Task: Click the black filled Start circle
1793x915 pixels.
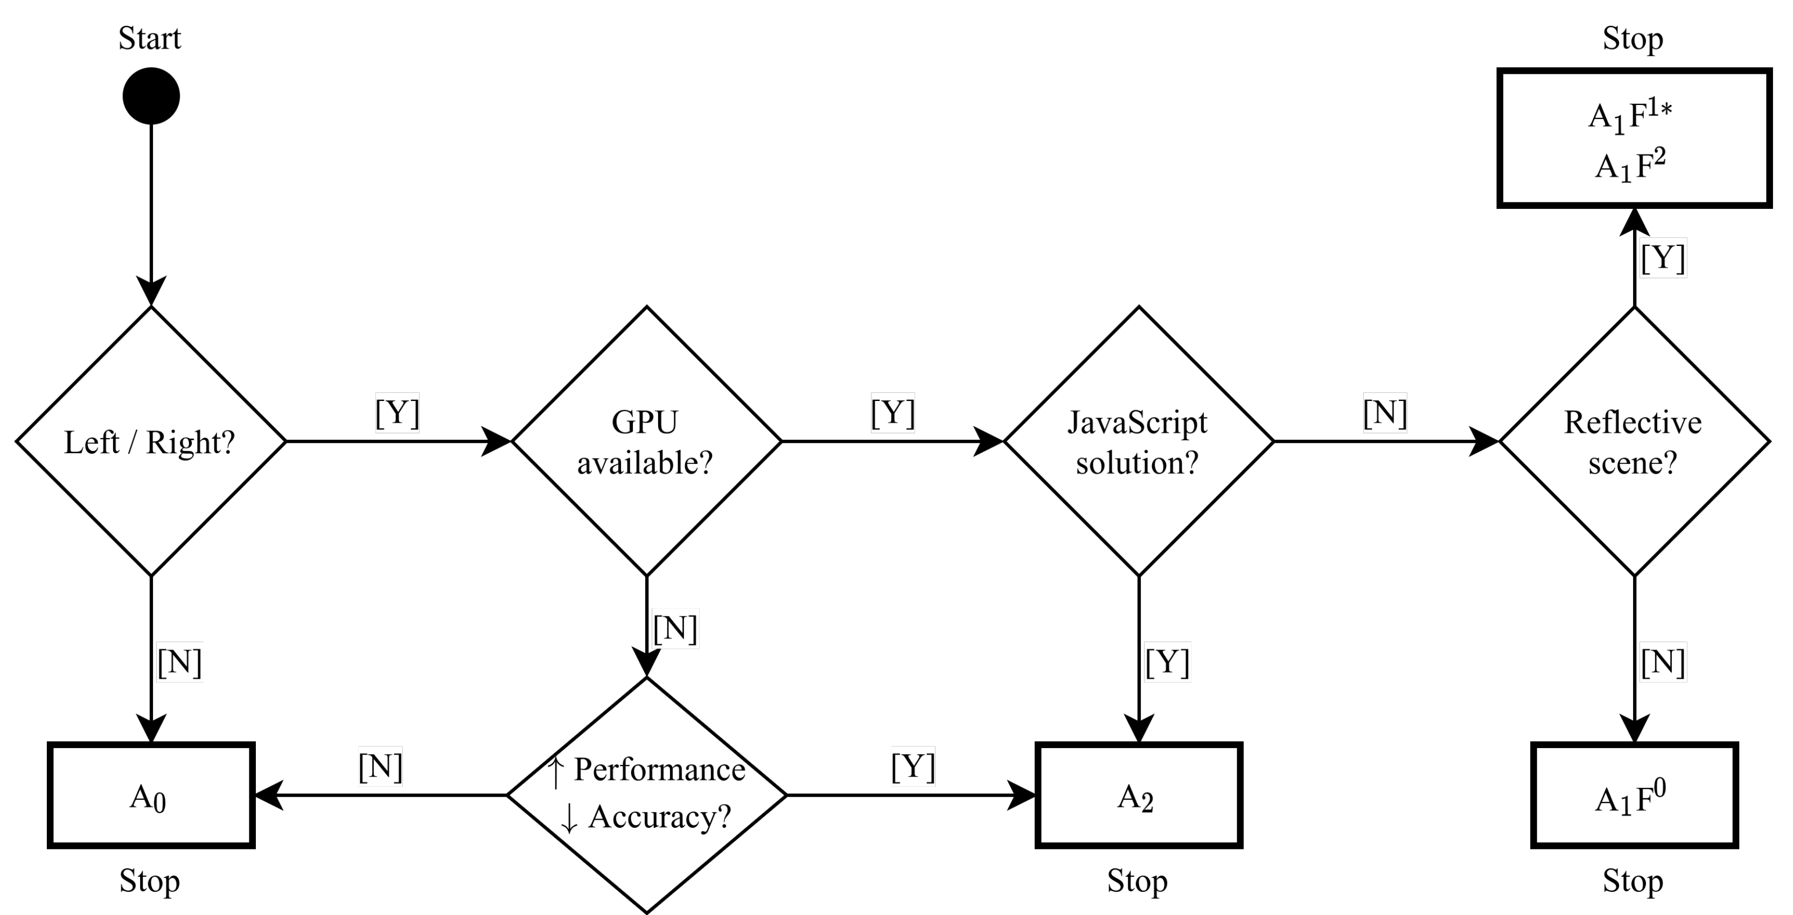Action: click(151, 96)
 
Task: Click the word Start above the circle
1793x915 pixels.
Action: click(150, 38)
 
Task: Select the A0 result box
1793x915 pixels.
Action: click(150, 796)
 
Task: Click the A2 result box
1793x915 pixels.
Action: click(1138, 796)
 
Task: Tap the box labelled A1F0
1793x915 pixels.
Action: click(1634, 796)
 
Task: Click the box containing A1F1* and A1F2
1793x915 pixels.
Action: click(1634, 138)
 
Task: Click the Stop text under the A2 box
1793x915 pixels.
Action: click(1138, 881)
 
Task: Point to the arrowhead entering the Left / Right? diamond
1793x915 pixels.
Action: click(151, 292)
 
